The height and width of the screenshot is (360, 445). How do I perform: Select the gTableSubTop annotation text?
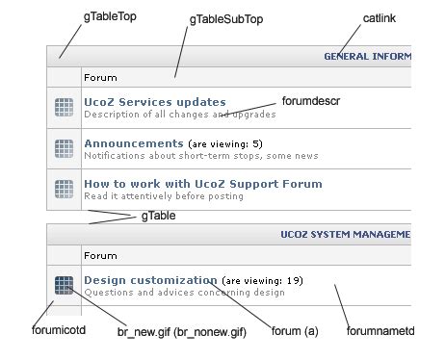[x=225, y=18]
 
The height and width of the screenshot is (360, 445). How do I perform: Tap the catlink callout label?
[x=380, y=17]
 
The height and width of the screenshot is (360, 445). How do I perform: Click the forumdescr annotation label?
[x=311, y=100]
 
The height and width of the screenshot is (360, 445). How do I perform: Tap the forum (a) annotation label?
[x=295, y=332]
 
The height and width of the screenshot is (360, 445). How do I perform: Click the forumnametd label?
[x=380, y=332]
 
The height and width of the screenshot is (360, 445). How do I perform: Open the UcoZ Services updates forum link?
[x=154, y=101]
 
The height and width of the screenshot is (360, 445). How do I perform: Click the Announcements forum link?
[x=133, y=143]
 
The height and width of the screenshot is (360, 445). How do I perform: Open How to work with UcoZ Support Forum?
[x=202, y=183]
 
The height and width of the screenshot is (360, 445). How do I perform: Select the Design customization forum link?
[x=150, y=280]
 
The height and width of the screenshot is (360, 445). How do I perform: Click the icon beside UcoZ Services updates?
[x=65, y=108]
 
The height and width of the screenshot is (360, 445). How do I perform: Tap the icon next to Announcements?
[x=65, y=149]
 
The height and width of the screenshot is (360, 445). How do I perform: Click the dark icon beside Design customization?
[x=65, y=285]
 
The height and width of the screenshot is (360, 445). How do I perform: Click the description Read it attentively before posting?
[x=163, y=195]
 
